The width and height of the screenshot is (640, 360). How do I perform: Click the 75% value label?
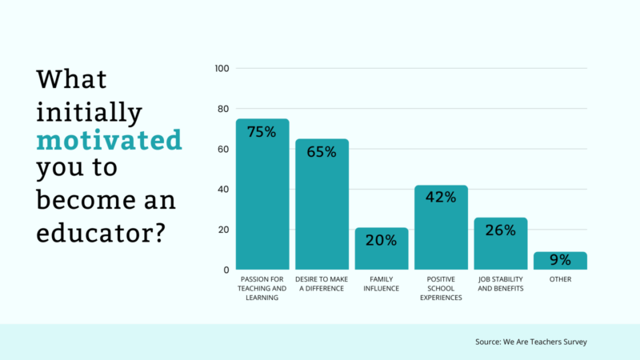(262, 132)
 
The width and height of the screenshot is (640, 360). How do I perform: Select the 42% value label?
(441, 198)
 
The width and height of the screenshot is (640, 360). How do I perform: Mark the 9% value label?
(560, 260)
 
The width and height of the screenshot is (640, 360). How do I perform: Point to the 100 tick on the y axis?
(222, 69)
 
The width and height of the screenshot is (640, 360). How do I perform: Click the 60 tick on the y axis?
(225, 150)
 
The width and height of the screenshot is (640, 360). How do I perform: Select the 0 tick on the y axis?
(227, 270)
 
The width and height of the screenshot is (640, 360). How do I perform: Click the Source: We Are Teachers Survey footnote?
(531, 342)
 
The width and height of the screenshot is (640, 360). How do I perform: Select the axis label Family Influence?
(382, 283)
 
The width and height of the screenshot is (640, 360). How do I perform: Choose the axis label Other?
(560, 278)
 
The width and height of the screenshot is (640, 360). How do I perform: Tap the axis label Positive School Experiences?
(441, 288)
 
